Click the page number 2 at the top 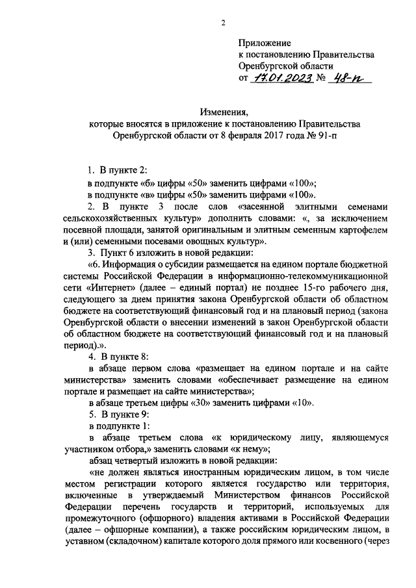(x=222, y=23)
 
